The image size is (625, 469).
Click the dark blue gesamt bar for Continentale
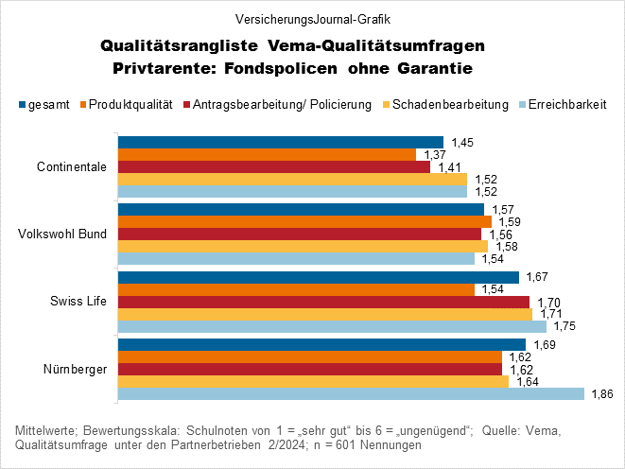pos(280,142)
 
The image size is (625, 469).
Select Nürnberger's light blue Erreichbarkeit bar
pos(350,393)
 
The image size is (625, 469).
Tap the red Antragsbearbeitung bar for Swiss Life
pos(322,302)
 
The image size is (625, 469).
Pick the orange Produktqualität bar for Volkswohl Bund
pos(304,221)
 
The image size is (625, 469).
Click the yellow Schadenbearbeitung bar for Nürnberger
pos(313,381)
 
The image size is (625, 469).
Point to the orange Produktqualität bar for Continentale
pos(267,154)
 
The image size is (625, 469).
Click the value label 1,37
pos(434,154)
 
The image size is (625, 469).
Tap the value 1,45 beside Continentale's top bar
pos(461,142)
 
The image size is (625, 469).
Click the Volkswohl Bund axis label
pos(63,234)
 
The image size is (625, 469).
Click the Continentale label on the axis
pos(71,167)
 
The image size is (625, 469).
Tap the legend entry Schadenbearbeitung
pos(455,104)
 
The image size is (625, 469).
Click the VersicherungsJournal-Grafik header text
pos(312,18)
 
